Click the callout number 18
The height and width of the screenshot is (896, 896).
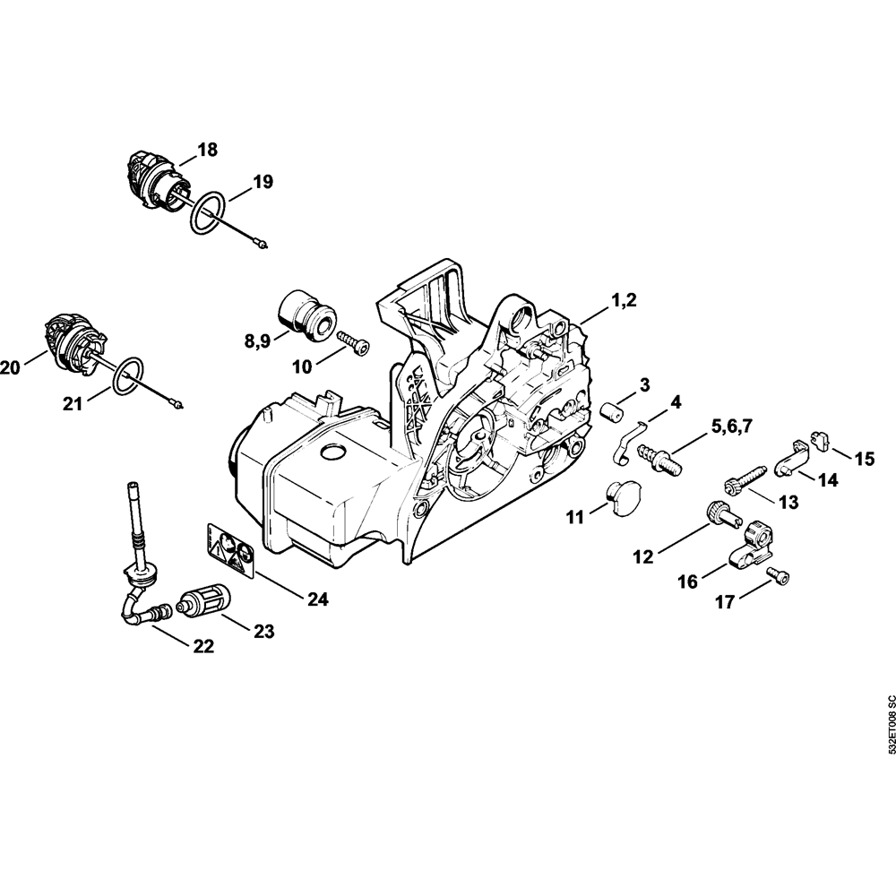point(207,150)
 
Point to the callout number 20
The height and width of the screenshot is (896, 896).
point(11,366)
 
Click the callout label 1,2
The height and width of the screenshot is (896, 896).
point(625,302)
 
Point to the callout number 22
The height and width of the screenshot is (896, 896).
point(203,645)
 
